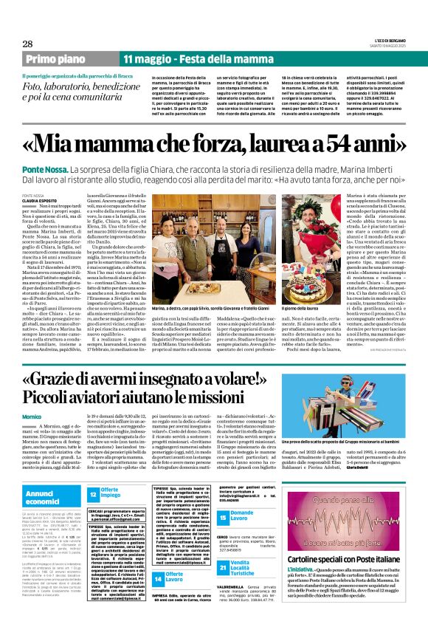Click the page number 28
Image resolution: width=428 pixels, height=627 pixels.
tap(17, 44)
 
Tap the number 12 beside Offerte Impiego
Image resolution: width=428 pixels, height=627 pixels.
tap(94, 496)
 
